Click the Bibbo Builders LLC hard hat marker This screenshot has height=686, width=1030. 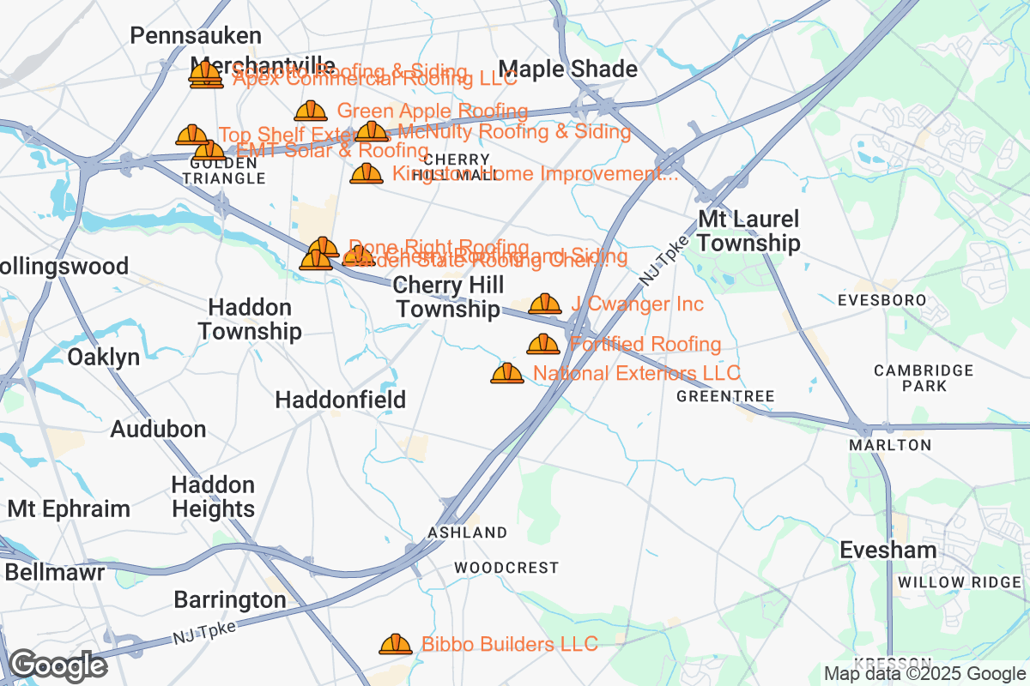click(x=396, y=643)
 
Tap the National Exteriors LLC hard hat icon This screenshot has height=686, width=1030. click(x=507, y=373)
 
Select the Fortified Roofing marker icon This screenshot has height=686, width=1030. click(x=543, y=344)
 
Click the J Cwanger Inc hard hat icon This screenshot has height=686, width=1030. click(x=545, y=304)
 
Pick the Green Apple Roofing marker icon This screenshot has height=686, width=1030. click(x=311, y=111)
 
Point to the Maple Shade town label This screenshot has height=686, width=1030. click(x=568, y=69)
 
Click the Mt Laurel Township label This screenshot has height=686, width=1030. click(x=748, y=231)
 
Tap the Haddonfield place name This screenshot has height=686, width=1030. click(x=340, y=400)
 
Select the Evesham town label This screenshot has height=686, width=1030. click(x=888, y=550)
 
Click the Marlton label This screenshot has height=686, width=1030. click(x=890, y=445)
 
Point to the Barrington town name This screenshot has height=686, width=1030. click(x=230, y=599)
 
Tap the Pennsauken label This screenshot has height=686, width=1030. click(x=196, y=35)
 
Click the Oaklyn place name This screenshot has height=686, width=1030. click(x=103, y=357)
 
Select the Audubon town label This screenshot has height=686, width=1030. click(x=158, y=429)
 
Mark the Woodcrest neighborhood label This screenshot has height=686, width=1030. click(x=506, y=568)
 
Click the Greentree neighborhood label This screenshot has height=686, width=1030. click(x=725, y=396)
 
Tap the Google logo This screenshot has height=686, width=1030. click(x=58, y=665)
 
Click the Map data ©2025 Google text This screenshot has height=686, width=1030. click(x=924, y=674)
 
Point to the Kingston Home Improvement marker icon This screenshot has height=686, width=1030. click(x=367, y=174)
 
